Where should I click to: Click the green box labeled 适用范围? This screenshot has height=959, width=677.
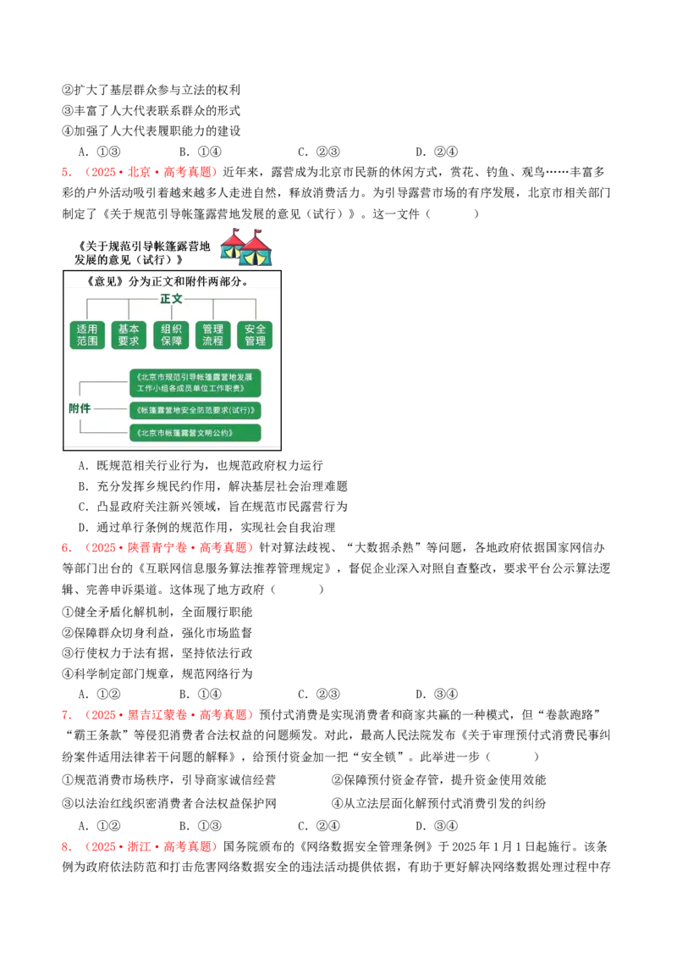(87, 335)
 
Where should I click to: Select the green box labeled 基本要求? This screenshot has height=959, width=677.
(129, 335)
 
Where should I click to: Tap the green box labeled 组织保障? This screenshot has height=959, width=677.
(171, 335)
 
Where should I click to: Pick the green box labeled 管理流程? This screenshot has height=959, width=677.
(212, 335)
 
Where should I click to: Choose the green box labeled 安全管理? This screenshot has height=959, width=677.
(255, 335)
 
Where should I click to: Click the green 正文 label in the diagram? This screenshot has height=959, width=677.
(171, 299)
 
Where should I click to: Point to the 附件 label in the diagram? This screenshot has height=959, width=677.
(80, 408)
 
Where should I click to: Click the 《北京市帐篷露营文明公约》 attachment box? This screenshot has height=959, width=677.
(195, 433)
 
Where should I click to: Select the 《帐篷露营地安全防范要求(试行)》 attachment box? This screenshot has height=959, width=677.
(195, 410)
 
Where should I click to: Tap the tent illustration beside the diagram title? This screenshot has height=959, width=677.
(245, 247)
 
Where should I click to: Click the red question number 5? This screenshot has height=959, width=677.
(67, 173)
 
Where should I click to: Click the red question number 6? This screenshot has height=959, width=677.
(67, 548)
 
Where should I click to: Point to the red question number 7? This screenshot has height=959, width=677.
(67, 715)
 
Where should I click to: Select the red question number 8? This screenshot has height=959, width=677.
(67, 847)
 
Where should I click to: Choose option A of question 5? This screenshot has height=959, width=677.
(201, 466)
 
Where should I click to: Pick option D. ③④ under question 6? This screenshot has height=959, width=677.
(437, 694)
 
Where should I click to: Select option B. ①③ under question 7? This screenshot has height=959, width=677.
(201, 826)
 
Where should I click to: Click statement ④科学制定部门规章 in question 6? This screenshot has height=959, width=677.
(157, 674)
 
